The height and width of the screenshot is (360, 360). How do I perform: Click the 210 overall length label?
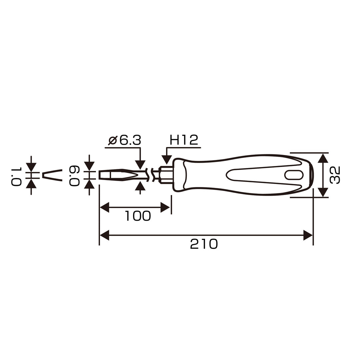pyautogui.click(x=204, y=244)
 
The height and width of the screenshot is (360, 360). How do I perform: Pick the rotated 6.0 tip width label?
pyautogui.click(x=74, y=176)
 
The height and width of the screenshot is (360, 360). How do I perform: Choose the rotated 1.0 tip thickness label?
pyautogui.click(x=16, y=176)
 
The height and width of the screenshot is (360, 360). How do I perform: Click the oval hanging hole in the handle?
pyautogui.click(x=294, y=175)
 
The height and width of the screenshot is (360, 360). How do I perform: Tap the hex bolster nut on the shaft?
pyautogui.click(x=166, y=175)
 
